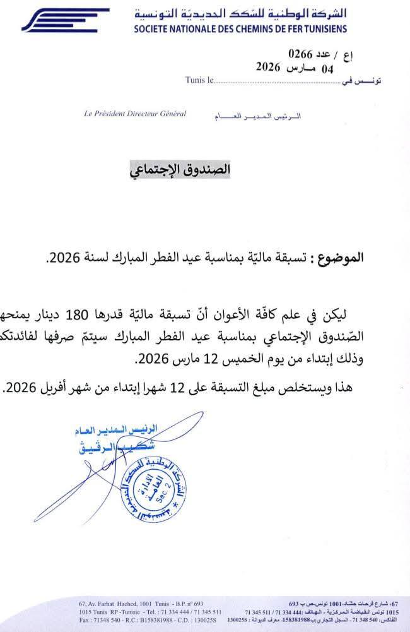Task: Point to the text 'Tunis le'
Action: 200,80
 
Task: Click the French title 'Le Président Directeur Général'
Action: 134,114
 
